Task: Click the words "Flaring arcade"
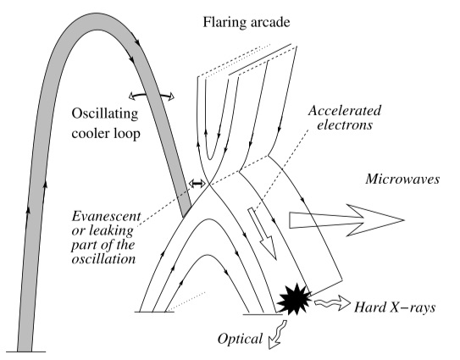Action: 247,23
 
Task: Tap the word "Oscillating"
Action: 105,114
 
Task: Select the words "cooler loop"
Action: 106,134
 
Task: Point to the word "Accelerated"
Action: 345,111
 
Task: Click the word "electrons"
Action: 345,125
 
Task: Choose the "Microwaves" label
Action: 402,180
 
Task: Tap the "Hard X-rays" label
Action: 395,307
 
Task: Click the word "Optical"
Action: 240,339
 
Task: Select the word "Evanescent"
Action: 107,217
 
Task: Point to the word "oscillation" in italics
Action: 103,259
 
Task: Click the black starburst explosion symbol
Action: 294,299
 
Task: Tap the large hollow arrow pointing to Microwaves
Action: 347,220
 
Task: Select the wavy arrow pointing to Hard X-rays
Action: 332,303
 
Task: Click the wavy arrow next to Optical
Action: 278,335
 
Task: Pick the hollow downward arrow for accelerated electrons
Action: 263,234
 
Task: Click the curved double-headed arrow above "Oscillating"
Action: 152,95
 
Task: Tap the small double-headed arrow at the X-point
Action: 197,184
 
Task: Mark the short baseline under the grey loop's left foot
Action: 25,352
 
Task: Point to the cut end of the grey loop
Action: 187,212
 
